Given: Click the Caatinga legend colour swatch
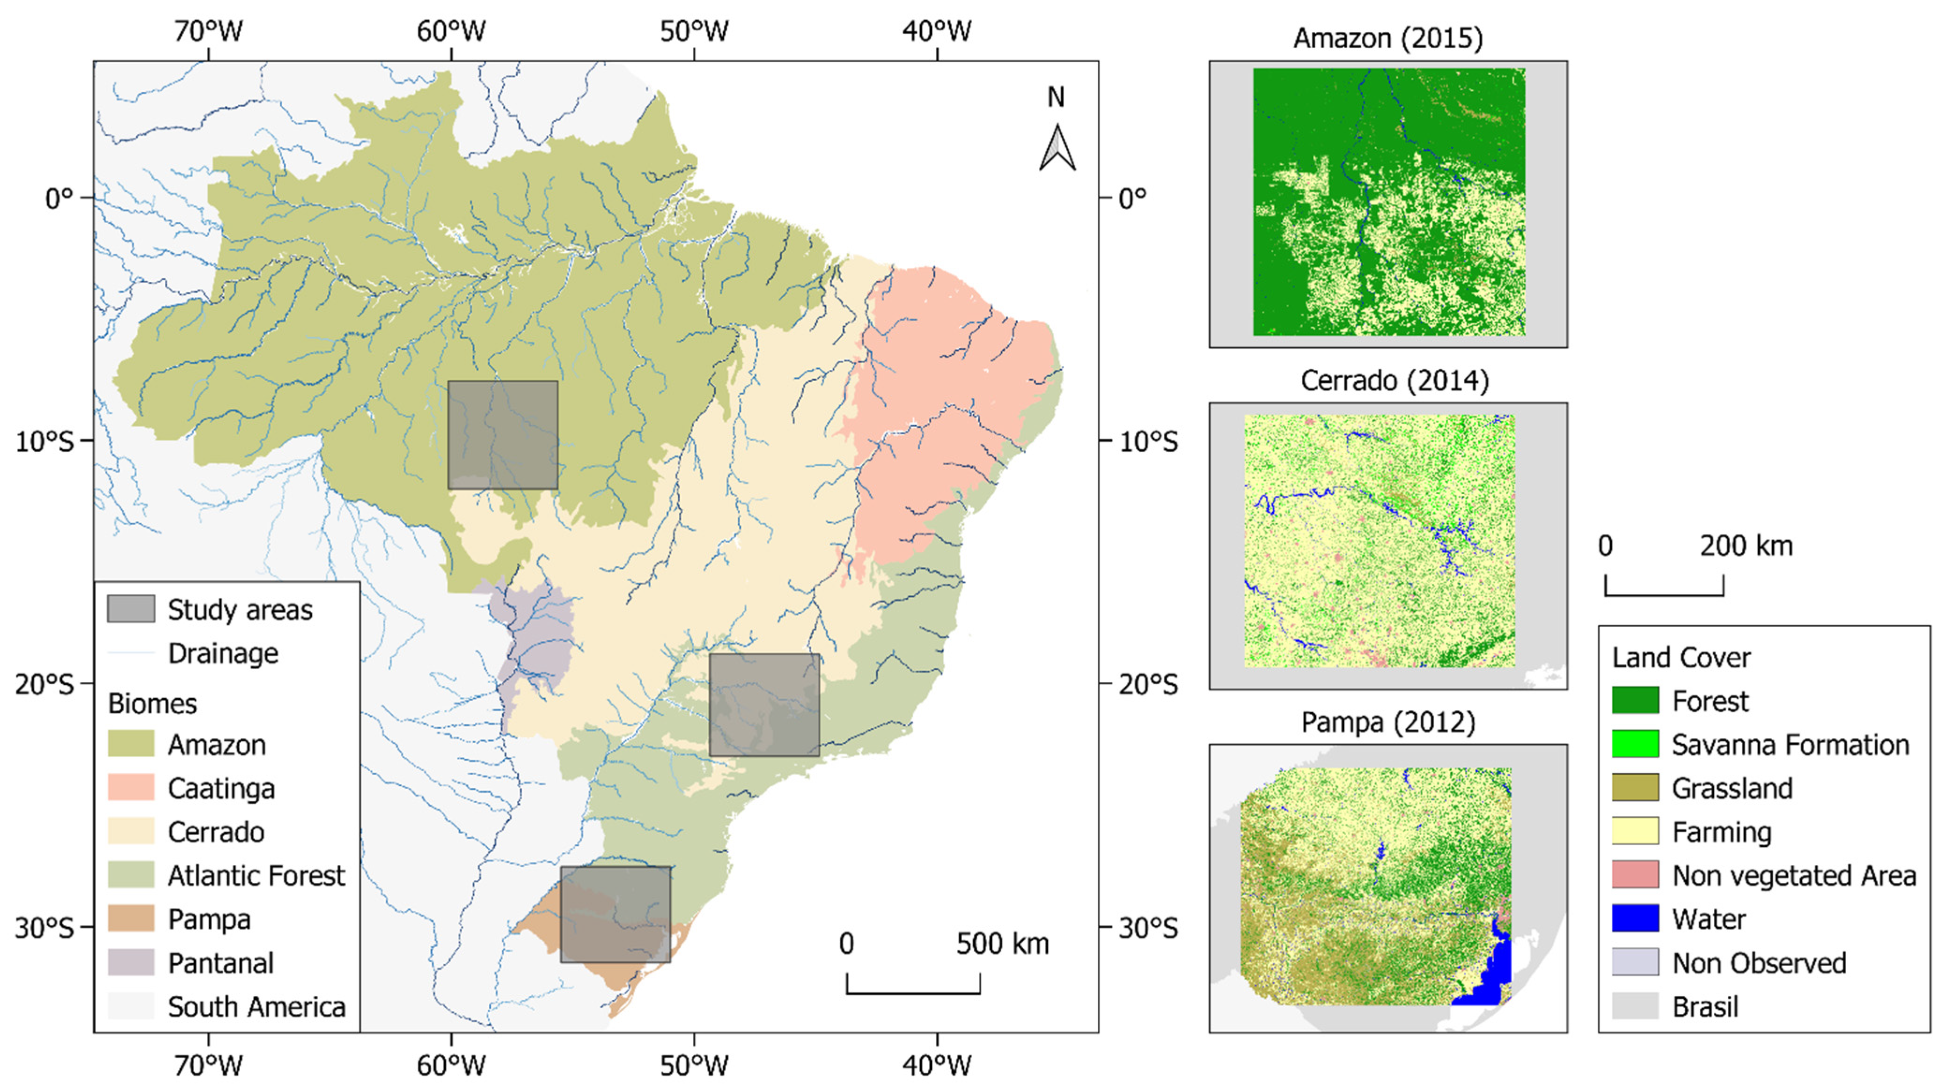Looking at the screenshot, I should click(131, 788).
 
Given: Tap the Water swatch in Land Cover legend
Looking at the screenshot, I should click(1635, 918).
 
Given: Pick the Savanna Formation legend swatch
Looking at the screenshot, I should click(1635, 744).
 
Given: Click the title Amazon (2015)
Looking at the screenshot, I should click(1388, 38).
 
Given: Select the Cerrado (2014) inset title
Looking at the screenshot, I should click(1394, 381).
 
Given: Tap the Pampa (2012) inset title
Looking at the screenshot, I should click(1388, 723).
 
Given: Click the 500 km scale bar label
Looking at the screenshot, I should click(1003, 944).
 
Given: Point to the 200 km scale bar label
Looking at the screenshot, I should click(1746, 546).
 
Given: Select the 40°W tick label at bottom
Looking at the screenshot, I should click(936, 1065).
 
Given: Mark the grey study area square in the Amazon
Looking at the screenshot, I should click(503, 435).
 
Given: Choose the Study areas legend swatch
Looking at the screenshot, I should click(131, 608).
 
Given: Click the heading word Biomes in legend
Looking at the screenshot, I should click(153, 703).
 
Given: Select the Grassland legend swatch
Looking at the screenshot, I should click(1635, 788).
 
